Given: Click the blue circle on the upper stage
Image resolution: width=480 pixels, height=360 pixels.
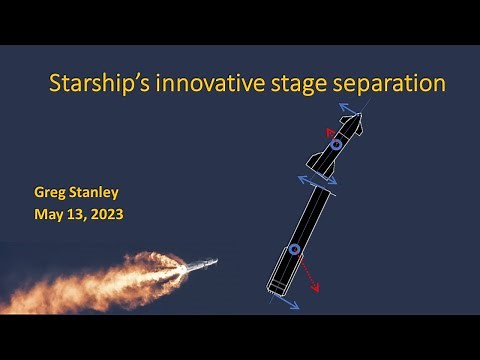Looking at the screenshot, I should coord(336,145).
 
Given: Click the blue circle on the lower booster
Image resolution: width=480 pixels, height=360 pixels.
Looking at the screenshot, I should coord(294,249).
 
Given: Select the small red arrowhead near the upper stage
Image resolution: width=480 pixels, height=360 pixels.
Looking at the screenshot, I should coord(327,131).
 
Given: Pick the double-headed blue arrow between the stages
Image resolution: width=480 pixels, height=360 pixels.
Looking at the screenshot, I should coord(319,179).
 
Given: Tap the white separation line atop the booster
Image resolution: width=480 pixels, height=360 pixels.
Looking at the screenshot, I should coord(319,183).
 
